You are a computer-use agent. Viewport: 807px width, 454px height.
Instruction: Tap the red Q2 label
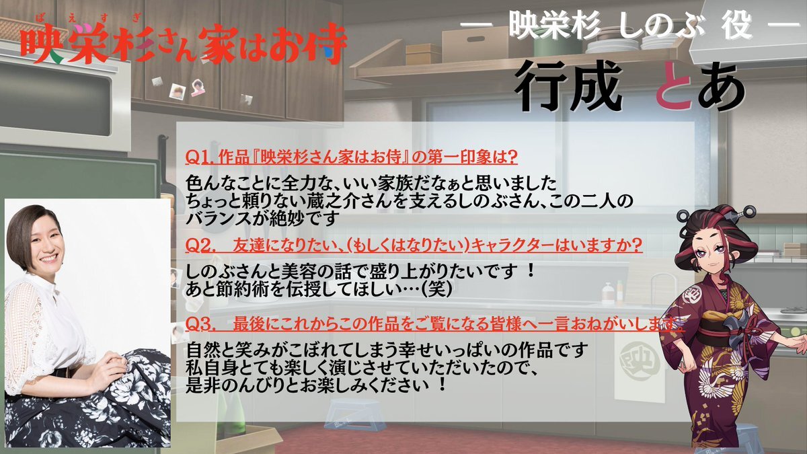tap(200, 245)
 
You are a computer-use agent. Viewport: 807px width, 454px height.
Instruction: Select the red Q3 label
tap(200, 325)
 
